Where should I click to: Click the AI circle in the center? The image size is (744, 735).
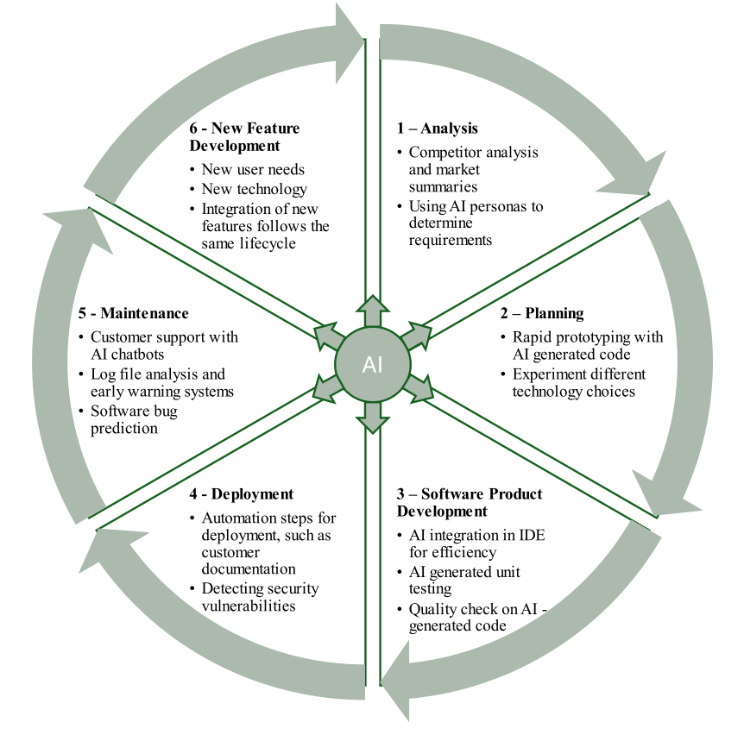tap(372, 364)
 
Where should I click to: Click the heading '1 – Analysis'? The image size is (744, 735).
tap(437, 129)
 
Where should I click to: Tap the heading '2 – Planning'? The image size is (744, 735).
tap(542, 313)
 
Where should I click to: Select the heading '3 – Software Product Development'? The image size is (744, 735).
tap(470, 502)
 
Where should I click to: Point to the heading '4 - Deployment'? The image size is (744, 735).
tap(241, 494)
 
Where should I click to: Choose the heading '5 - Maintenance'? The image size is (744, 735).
tap(132, 313)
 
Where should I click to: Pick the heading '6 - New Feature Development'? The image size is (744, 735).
tap(244, 137)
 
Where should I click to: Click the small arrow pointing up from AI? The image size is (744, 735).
tap(372, 309)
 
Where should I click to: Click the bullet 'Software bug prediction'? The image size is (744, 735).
tap(134, 419)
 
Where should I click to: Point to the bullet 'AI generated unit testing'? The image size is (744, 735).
tap(464, 580)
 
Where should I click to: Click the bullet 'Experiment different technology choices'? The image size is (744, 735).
tap(578, 383)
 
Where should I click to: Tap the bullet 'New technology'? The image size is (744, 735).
tap(254, 188)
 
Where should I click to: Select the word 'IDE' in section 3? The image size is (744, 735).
tap(533, 535)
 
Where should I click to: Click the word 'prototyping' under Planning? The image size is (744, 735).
tap(590, 336)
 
